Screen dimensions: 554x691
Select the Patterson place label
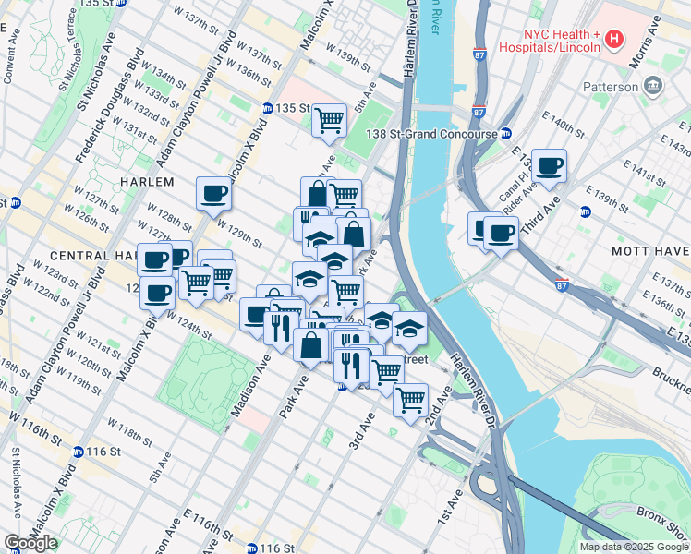(x=611, y=87)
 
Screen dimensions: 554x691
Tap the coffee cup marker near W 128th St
(x=213, y=194)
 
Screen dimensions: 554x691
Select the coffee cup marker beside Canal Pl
(x=549, y=165)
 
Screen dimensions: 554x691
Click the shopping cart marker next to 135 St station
(x=329, y=120)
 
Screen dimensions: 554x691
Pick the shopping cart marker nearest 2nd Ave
(x=410, y=401)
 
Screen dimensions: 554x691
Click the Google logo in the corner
(x=30, y=543)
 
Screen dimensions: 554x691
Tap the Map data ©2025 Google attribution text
(x=634, y=547)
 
